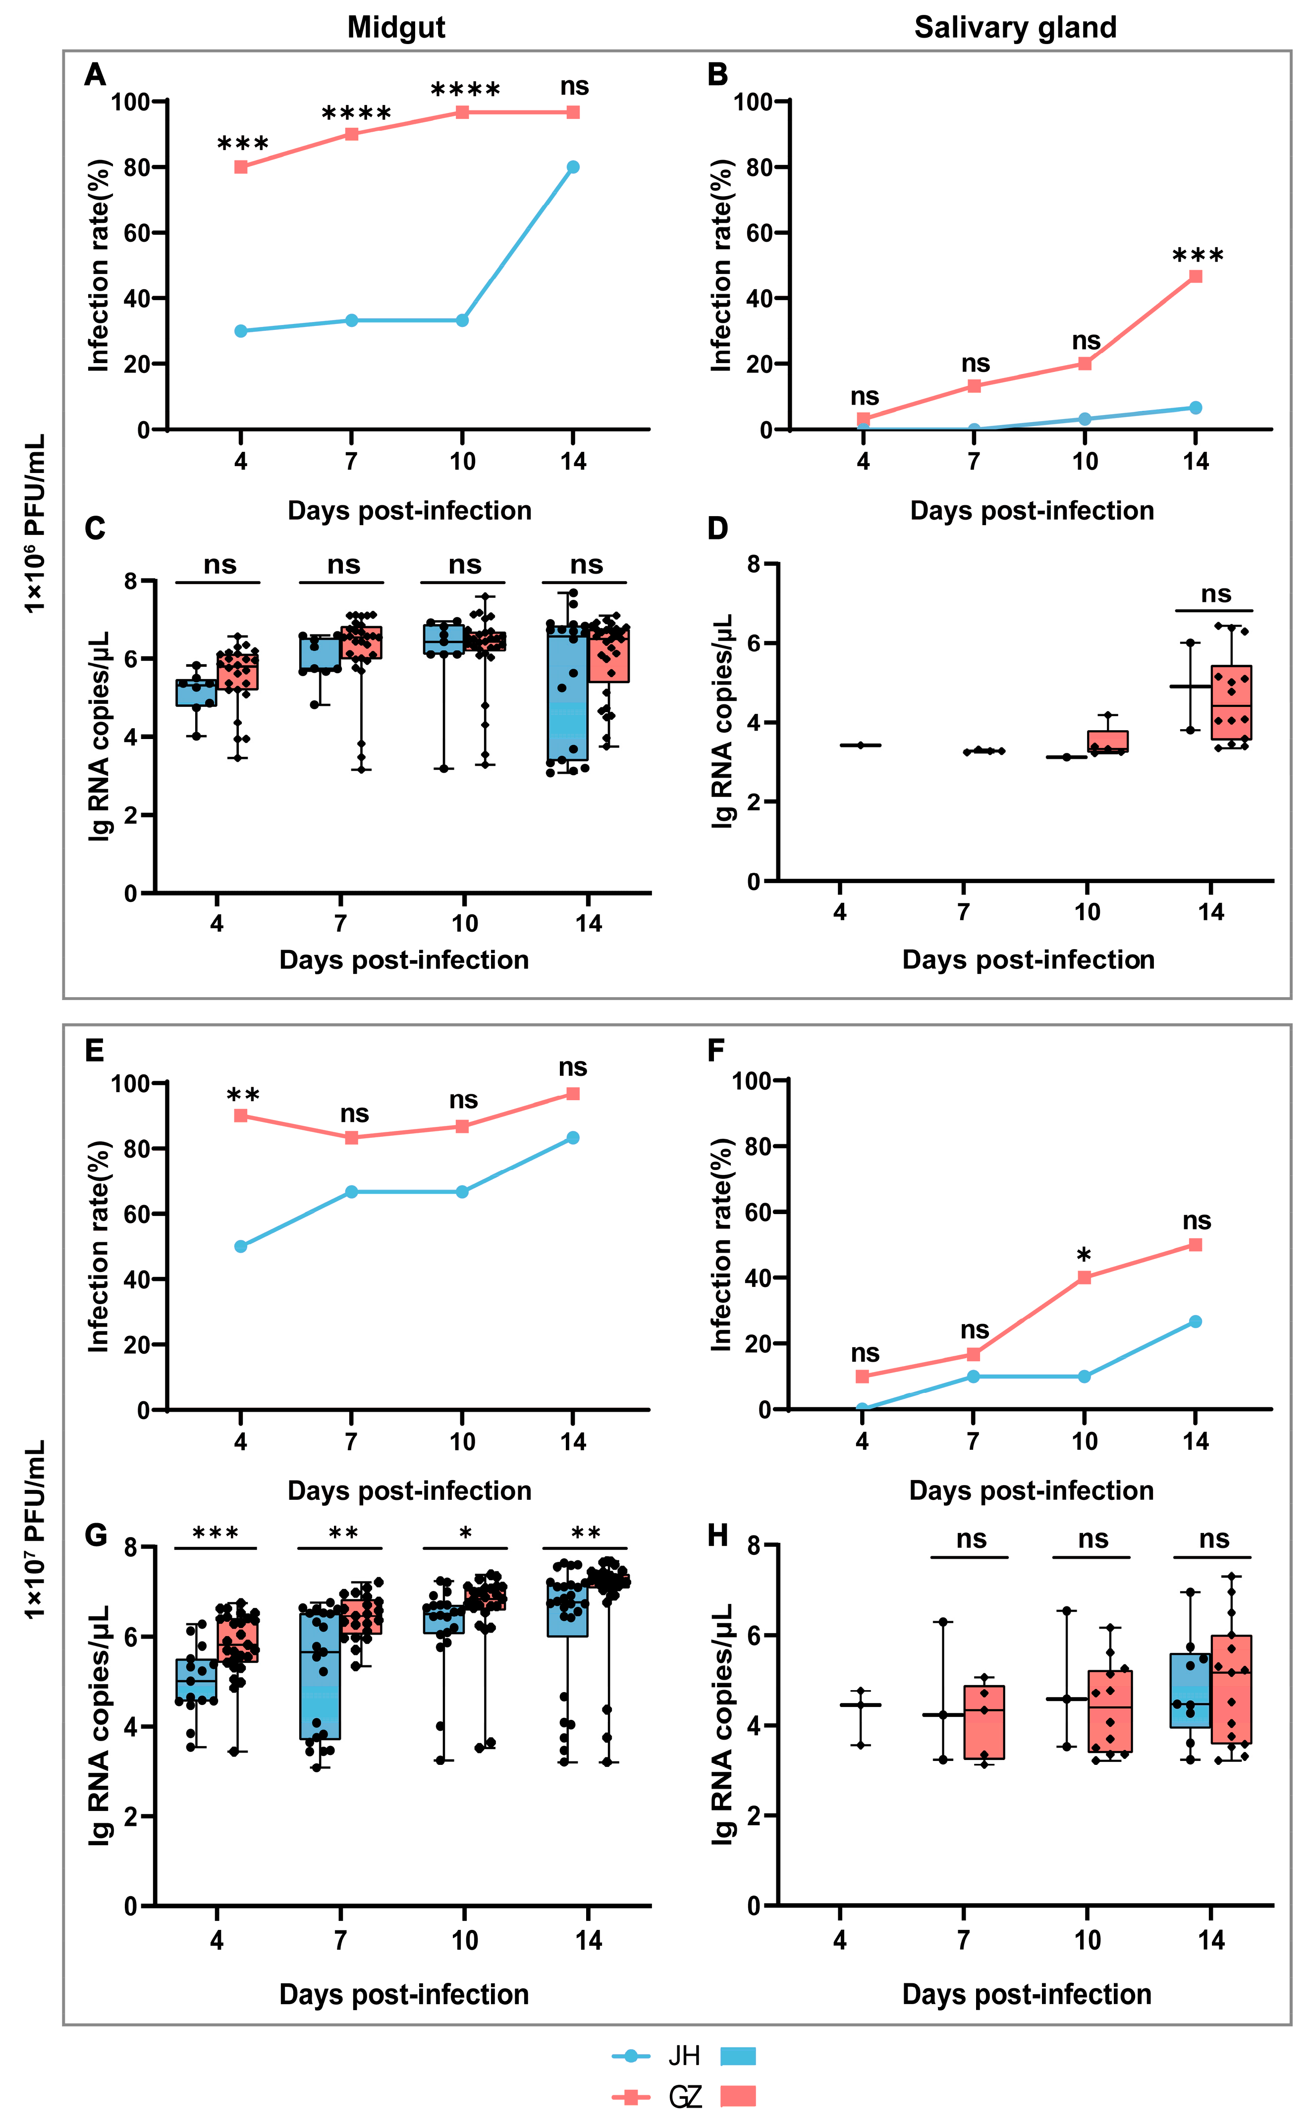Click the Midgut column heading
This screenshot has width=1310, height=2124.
(x=396, y=28)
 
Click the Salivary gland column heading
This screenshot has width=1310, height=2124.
(x=1015, y=28)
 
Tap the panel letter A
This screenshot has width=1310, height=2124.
(x=95, y=75)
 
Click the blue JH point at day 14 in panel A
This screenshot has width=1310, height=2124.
(x=573, y=167)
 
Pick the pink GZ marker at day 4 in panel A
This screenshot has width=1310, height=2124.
(x=241, y=167)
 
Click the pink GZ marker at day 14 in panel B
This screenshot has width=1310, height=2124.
(x=1196, y=276)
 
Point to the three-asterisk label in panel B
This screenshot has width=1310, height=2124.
(x=1198, y=257)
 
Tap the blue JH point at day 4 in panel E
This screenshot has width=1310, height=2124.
(x=241, y=1246)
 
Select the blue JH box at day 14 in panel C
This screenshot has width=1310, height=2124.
(x=567, y=693)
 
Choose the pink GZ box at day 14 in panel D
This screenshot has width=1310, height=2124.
(x=1231, y=702)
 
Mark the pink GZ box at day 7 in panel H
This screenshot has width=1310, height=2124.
(x=984, y=1722)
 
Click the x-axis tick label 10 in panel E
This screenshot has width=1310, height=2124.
(x=462, y=1441)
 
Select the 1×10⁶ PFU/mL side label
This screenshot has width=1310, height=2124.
(x=35, y=524)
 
